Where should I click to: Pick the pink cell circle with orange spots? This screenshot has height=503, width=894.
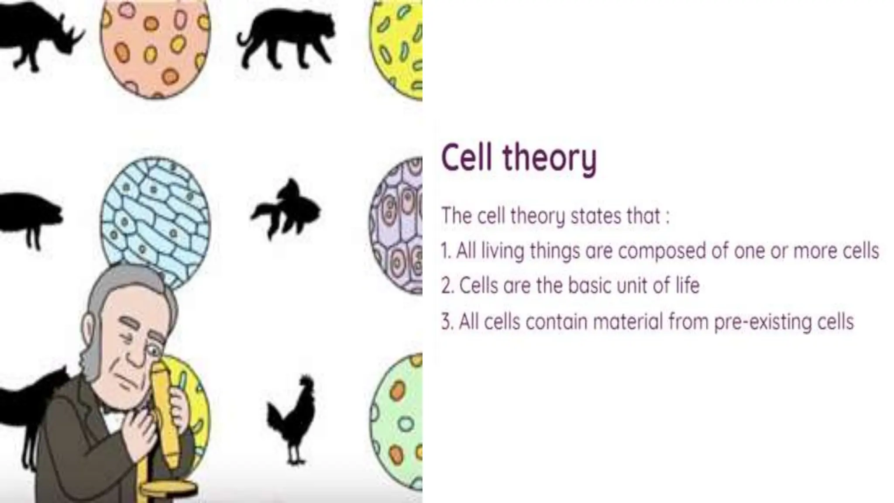coord(155,48)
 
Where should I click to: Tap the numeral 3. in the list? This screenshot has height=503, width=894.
coord(446,322)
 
